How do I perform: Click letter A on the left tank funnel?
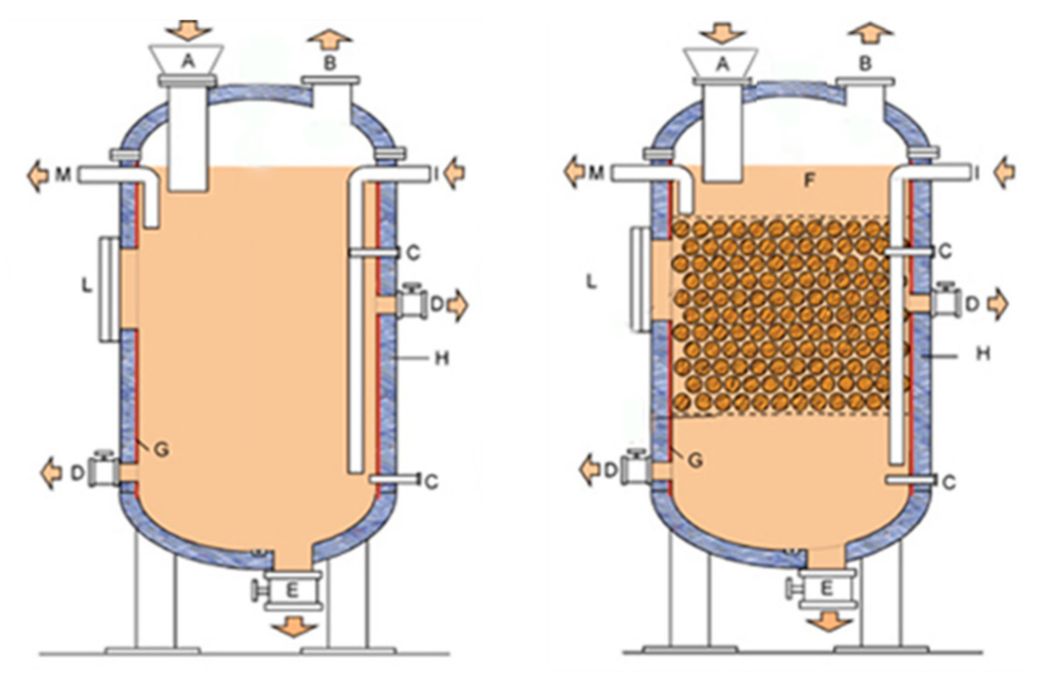click(188, 62)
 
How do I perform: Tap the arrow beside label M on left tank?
click(38, 175)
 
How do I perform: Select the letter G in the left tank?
click(162, 450)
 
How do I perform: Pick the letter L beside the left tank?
click(88, 287)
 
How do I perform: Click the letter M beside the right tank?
click(596, 174)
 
